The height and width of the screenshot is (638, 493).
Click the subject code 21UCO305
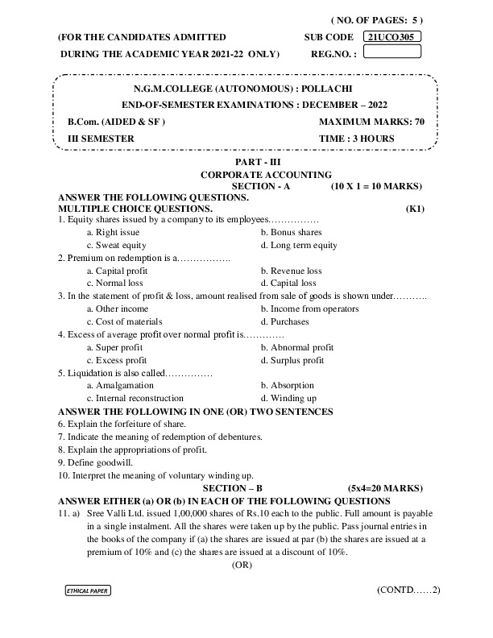[x=393, y=37]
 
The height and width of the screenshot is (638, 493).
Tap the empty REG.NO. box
[x=393, y=52]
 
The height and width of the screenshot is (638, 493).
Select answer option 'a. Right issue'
[x=116, y=232]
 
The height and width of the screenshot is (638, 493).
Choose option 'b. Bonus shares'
[x=291, y=232]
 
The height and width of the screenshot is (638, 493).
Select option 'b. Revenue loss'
[x=291, y=271]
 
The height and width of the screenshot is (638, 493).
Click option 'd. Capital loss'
[x=288, y=284]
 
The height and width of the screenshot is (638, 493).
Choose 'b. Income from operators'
[x=309, y=309]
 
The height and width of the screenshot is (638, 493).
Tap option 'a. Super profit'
[x=118, y=347]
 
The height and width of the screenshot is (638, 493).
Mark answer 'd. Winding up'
[x=288, y=398]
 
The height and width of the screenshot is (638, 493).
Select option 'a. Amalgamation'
[x=120, y=385]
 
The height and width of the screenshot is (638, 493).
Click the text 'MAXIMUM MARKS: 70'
[x=371, y=122]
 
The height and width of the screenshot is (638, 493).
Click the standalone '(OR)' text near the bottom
[x=242, y=565]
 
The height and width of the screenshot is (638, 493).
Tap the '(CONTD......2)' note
[x=408, y=590]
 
